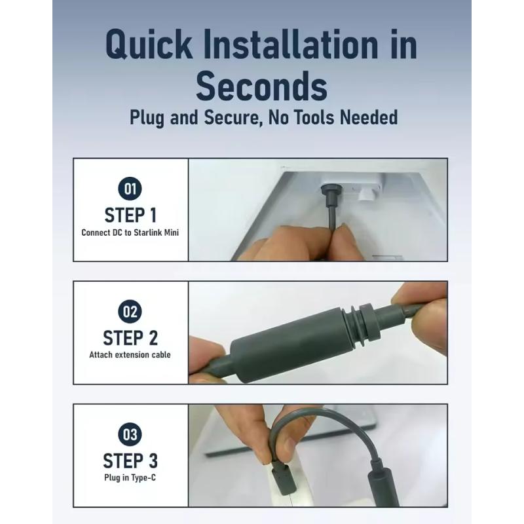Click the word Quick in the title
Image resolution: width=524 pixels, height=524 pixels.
point(149,45)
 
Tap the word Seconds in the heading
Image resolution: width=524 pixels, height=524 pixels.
point(261,86)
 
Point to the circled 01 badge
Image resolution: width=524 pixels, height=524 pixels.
point(130,189)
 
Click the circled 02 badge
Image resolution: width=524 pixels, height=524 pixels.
point(130,312)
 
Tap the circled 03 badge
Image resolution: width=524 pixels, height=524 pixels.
point(130,434)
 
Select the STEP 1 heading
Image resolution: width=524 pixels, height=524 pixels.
point(130,215)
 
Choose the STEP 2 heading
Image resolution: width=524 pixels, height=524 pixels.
point(130,338)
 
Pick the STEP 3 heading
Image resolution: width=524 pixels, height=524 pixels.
point(130,461)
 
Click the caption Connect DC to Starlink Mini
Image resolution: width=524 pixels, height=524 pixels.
point(130,233)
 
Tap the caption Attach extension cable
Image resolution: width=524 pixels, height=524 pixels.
point(130,354)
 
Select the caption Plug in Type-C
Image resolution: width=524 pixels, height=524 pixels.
point(130,477)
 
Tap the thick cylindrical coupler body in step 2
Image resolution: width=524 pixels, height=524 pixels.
point(290,345)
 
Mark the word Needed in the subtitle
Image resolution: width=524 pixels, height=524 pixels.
point(369,117)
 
